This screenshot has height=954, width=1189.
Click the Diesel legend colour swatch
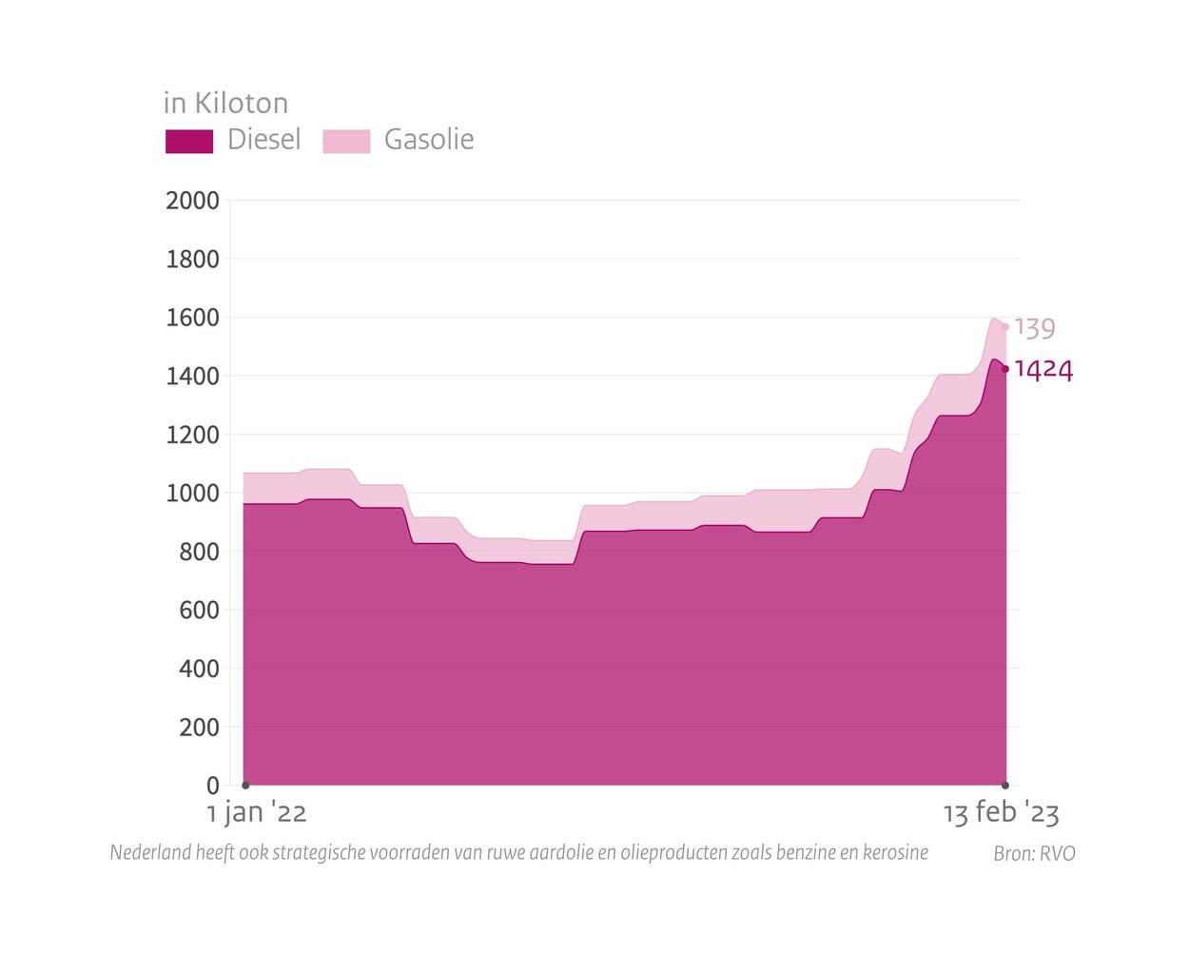click(189, 141)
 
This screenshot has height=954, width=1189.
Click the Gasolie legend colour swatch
click(346, 141)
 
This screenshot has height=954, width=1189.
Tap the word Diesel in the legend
click(263, 140)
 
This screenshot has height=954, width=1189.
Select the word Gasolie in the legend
click(428, 140)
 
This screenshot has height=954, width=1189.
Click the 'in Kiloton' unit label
click(225, 103)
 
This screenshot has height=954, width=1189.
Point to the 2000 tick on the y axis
click(192, 201)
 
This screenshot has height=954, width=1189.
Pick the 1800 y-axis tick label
click(192, 259)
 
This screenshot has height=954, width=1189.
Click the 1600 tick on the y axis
click(192, 318)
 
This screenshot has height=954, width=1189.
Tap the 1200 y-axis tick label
click(192, 435)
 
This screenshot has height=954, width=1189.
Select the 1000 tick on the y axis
click(192, 493)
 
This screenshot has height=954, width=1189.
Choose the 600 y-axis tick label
click(199, 610)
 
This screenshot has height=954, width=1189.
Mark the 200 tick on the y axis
click(199, 727)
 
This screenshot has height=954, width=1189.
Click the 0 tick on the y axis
click(212, 786)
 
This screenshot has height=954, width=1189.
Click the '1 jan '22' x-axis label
click(257, 813)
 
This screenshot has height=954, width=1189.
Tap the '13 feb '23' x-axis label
click(1001, 813)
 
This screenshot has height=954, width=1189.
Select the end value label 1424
click(1043, 369)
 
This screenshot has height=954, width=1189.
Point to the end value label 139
click(1035, 328)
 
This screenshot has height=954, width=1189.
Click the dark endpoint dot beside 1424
click(1005, 369)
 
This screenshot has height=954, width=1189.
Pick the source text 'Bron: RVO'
click(1034, 853)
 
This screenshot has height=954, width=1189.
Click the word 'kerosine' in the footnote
click(895, 852)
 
